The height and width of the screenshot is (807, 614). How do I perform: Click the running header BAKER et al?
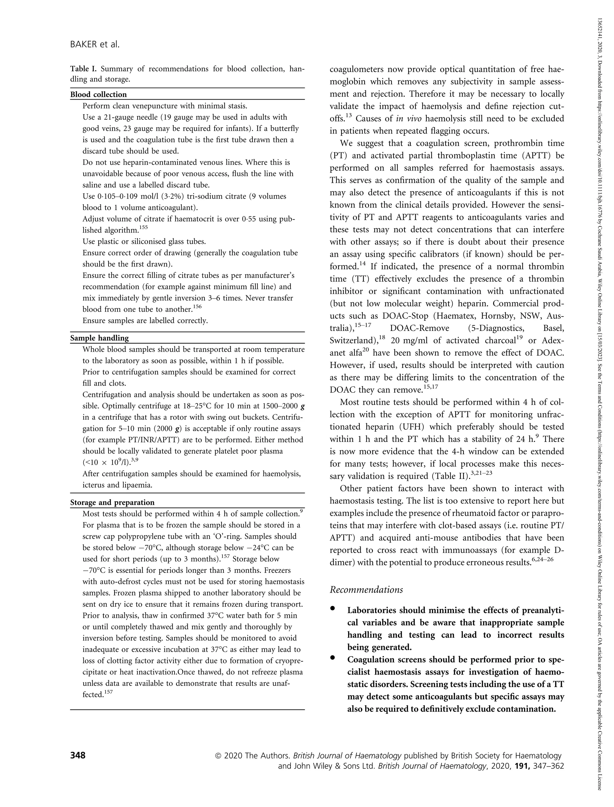95,45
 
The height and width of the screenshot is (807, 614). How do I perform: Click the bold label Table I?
84,69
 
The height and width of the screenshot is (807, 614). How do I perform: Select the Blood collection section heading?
98,95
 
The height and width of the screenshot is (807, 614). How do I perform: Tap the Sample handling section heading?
100,338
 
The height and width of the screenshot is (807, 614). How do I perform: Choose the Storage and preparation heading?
112,502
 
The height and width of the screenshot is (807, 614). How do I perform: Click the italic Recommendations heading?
366,590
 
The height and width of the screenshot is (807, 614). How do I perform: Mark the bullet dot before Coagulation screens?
332,658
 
